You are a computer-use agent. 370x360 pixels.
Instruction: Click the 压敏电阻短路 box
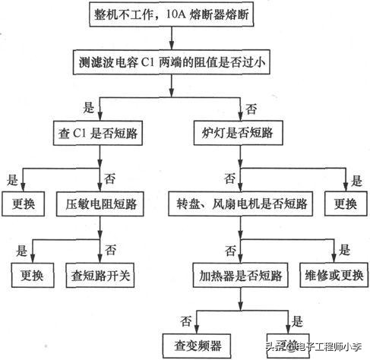point(101,204)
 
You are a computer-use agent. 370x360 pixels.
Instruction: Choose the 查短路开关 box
point(101,274)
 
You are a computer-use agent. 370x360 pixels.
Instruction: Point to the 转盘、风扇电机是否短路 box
point(238,204)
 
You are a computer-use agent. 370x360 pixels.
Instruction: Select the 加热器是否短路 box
point(236,274)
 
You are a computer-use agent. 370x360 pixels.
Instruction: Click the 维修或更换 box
point(332,274)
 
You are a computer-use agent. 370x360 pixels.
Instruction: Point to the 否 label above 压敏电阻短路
point(109,179)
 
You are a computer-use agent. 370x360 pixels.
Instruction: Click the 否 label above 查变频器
point(184,319)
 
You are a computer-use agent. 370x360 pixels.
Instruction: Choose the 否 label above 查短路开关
point(110,249)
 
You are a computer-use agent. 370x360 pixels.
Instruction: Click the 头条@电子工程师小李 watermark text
point(312,347)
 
